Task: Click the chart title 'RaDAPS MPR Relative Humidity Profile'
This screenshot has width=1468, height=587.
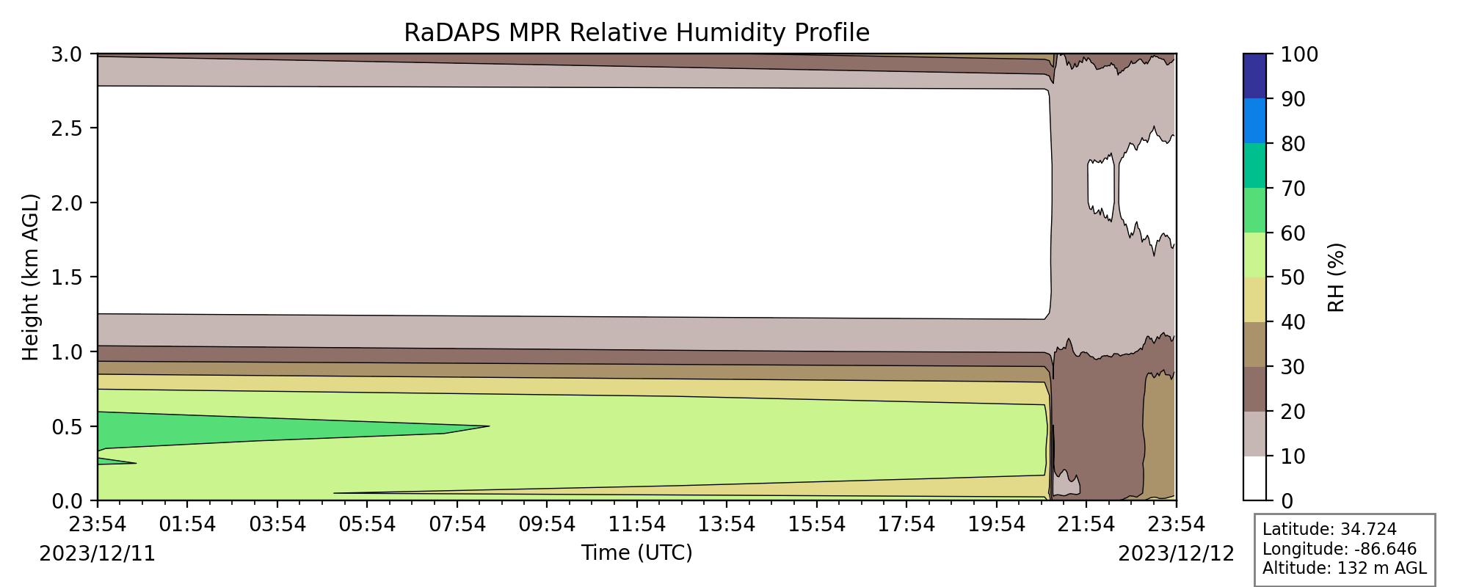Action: [x=636, y=33]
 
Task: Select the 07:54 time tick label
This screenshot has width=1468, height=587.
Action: [x=457, y=524]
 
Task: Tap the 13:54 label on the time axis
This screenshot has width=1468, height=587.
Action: [x=727, y=524]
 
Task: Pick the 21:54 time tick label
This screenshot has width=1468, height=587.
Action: [x=1086, y=524]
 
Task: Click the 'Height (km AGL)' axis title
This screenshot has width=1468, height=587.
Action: [x=30, y=277]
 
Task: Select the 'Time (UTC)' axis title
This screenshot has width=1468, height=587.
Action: [x=636, y=553]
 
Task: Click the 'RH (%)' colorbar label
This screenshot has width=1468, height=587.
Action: [x=1337, y=277]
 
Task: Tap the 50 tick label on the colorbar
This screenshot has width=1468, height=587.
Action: [x=1293, y=277]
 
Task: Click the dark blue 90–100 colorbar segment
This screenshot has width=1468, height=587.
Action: [x=1254, y=76]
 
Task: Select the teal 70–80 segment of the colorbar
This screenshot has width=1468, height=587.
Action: [x=1254, y=166]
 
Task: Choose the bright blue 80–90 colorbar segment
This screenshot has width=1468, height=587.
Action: [x=1254, y=121]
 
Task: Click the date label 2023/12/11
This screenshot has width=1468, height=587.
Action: [x=98, y=553]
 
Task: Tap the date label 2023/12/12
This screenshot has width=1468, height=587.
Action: [x=1177, y=553]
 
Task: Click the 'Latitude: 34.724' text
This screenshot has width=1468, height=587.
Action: [x=1329, y=530]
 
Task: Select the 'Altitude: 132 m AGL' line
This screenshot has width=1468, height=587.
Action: [x=1344, y=568]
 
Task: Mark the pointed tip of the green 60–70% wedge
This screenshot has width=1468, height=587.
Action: [x=489, y=426]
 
